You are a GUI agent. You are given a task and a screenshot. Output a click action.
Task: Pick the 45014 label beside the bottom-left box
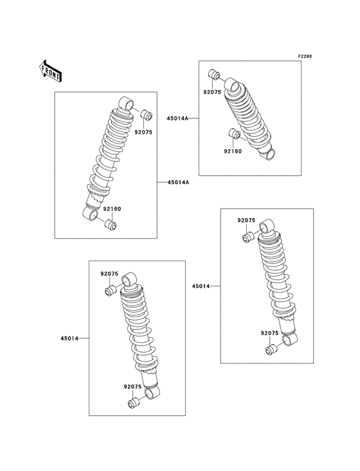click(x=69, y=338)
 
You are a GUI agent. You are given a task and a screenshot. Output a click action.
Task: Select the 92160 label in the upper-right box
click(x=233, y=151)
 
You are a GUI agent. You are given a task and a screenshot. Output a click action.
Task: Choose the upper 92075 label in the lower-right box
click(x=247, y=221)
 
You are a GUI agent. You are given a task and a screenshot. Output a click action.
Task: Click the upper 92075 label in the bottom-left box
click(x=109, y=274)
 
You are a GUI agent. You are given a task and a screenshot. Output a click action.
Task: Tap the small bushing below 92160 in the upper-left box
click(x=110, y=225)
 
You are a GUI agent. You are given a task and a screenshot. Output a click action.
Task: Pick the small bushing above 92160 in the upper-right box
click(x=235, y=135)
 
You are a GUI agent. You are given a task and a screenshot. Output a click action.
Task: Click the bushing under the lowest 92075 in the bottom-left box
click(x=133, y=403)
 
